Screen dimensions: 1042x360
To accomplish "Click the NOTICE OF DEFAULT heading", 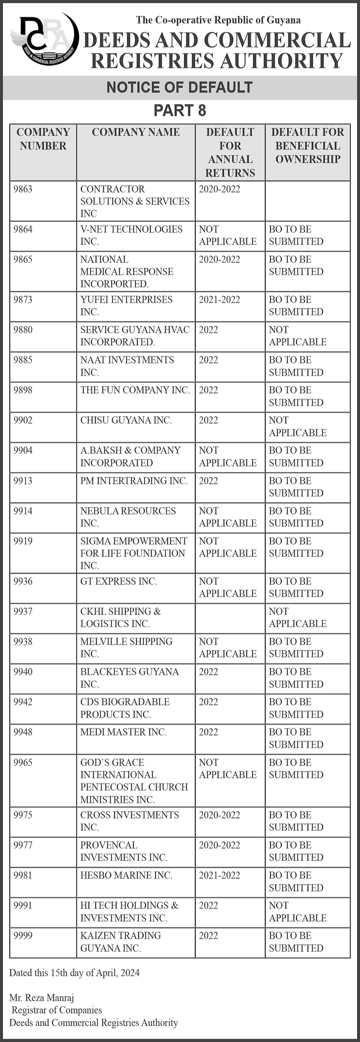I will (x=180, y=87).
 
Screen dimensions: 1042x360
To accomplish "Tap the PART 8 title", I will (x=180, y=110).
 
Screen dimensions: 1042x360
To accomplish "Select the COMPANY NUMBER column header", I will (x=43, y=139).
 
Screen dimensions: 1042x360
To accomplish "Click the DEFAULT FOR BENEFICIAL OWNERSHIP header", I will (x=307, y=145).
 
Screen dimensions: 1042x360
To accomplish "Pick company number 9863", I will (x=23, y=189).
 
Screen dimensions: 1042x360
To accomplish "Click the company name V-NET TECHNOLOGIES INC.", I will (x=131, y=235).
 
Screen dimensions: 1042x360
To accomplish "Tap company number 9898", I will (x=23, y=390).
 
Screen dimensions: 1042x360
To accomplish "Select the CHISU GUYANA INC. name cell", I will (x=126, y=420).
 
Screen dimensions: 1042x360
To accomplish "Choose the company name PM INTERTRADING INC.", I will (x=134, y=481).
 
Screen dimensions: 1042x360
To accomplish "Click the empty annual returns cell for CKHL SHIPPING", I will (x=230, y=618).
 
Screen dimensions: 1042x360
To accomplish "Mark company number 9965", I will (x=23, y=763).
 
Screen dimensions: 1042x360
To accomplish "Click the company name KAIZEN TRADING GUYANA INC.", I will (x=120, y=941).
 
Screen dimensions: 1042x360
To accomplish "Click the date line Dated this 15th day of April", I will (x=75, y=973).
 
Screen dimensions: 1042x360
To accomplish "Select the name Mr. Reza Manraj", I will (x=42, y=998).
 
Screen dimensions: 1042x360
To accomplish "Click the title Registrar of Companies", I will (x=57, y=1010).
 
